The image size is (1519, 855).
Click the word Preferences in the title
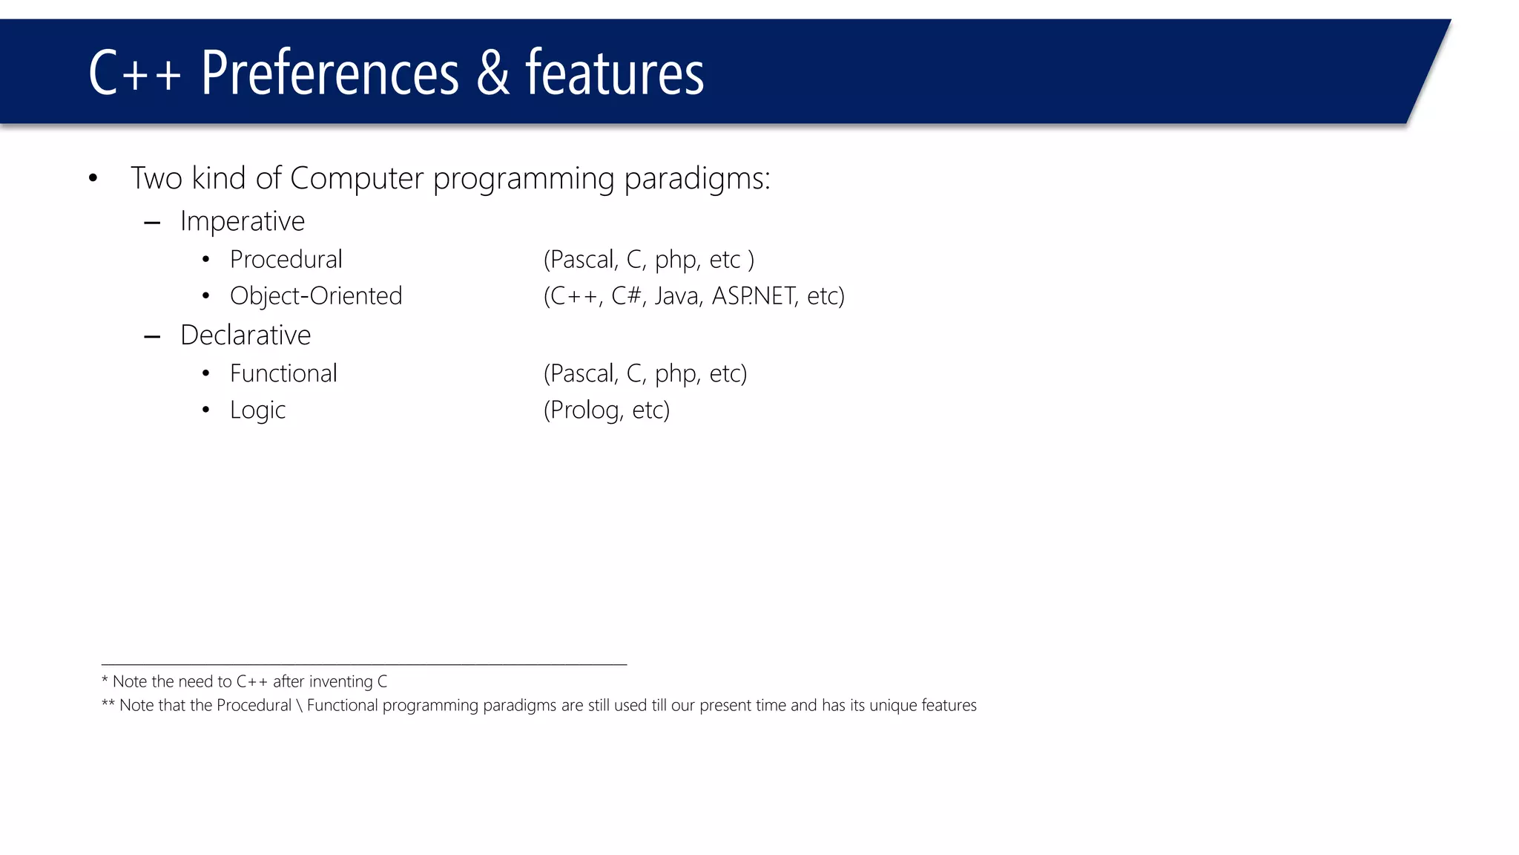pyautogui.click(x=329, y=73)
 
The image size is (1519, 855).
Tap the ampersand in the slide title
pyautogui.click(x=492, y=73)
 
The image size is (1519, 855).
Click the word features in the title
pyautogui.click(x=614, y=73)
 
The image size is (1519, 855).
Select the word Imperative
pyautogui.click(x=242, y=221)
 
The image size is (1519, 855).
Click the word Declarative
pyautogui.click(x=246, y=335)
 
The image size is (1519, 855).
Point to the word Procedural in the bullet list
pyautogui.click(x=286, y=259)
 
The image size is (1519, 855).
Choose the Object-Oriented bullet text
pyautogui.click(x=316, y=295)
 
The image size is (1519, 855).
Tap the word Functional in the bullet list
pyautogui.click(x=283, y=373)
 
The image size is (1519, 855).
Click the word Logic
pyautogui.click(x=257, y=410)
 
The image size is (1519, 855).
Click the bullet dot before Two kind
pyautogui.click(x=93, y=178)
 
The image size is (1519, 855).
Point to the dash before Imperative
pyautogui.click(x=152, y=222)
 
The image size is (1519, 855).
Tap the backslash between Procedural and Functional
pyautogui.click(x=299, y=705)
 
